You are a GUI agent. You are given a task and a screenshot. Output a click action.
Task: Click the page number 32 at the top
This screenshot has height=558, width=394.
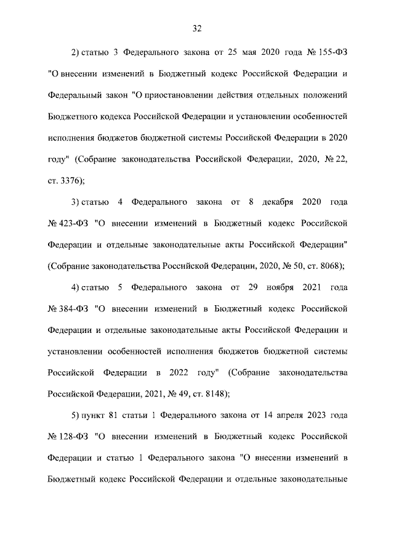tap(197, 28)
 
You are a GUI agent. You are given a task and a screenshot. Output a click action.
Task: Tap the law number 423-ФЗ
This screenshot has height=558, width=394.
tap(69, 221)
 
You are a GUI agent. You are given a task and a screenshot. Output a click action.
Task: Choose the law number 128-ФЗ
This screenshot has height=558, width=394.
tap(69, 437)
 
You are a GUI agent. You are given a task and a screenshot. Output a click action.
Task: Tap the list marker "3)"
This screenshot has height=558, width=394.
tap(76, 202)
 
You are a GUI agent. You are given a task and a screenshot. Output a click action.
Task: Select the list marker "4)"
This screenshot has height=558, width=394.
tap(76, 288)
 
